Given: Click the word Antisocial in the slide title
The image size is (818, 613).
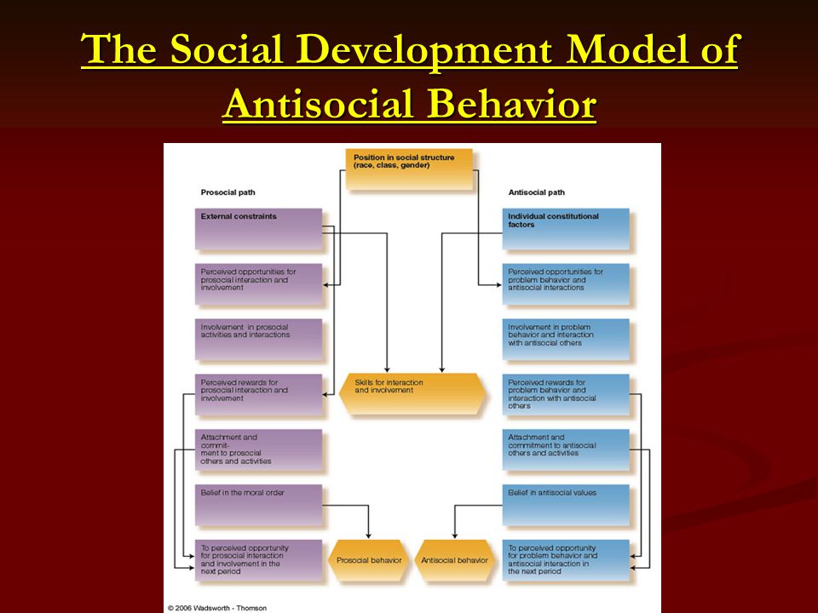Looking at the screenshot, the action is (x=319, y=103).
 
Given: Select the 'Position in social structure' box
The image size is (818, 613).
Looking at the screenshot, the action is (x=410, y=169).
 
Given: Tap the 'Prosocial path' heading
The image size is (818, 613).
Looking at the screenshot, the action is (x=228, y=192).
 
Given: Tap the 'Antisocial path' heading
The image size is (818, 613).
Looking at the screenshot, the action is (x=536, y=192).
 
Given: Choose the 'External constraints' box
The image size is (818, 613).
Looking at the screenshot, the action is (x=259, y=229).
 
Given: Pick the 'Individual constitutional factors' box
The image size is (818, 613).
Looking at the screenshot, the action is (x=566, y=229).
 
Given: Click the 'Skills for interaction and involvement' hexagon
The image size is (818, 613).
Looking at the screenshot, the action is (x=412, y=393).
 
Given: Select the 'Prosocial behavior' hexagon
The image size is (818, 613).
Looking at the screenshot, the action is (x=369, y=560).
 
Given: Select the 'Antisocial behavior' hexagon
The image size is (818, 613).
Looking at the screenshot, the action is (x=454, y=560).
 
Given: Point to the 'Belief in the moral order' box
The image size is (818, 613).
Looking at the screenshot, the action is (x=259, y=505).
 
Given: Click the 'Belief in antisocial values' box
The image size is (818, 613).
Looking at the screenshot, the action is (x=566, y=505).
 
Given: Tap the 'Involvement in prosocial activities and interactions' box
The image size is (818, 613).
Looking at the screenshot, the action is (x=259, y=340).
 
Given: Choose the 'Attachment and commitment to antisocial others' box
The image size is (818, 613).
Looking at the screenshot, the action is (x=566, y=450).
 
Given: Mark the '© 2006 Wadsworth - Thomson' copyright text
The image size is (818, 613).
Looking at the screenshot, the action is (x=217, y=608).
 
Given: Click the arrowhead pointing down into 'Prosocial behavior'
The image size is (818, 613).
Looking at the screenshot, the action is (x=368, y=536).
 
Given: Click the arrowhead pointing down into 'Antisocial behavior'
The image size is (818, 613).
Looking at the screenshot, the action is (x=454, y=536).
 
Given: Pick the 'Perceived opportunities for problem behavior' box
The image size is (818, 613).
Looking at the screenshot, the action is (x=566, y=284).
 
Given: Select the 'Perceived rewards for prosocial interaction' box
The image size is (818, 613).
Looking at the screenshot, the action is (x=259, y=394).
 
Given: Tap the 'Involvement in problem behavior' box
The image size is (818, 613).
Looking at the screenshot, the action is (x=566, y=340).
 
